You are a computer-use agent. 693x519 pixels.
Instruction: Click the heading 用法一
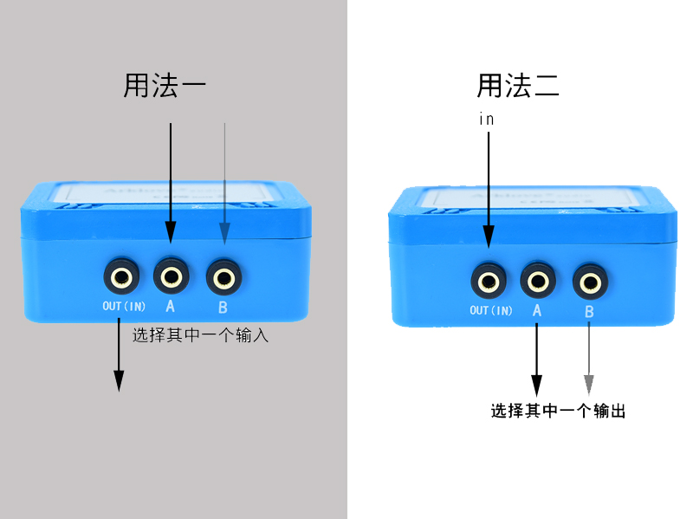165,86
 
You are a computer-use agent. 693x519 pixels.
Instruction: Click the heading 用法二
518,86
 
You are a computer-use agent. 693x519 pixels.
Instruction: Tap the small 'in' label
487,120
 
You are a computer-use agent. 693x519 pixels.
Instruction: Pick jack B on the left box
224,278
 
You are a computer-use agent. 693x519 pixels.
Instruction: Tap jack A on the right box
538,281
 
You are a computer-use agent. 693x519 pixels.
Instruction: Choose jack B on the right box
591,282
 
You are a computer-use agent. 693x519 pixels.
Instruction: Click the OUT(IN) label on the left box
124,307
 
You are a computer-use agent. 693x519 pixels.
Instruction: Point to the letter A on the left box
171,307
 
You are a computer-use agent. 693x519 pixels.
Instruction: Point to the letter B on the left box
223,307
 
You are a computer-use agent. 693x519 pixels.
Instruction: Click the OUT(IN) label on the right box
491,310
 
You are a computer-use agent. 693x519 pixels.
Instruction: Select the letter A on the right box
538,311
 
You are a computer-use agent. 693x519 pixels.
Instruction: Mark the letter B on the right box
590,312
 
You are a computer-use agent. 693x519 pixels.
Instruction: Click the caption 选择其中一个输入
200,335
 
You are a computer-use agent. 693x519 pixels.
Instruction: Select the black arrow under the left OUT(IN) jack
119,355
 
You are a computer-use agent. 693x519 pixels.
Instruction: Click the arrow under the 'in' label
489,191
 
